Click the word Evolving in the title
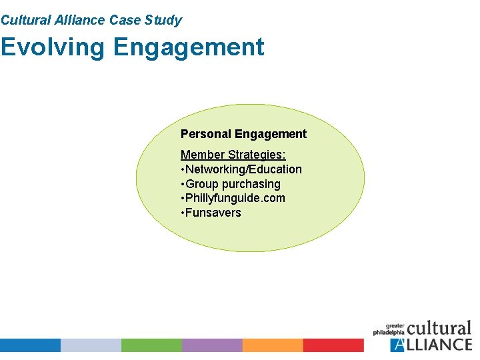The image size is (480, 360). point(53,47)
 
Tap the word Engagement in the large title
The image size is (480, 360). point(189,47)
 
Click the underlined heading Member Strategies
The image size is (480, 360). point(233,155)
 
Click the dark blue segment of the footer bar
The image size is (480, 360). point(30,345)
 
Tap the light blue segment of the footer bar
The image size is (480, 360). point(91,345)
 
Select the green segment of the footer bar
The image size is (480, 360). point(151,345)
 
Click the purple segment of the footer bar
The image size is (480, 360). point(212,345)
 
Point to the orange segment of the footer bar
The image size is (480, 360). point(273,345)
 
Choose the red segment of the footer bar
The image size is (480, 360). point(333,345)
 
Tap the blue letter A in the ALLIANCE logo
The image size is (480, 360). point(398,345)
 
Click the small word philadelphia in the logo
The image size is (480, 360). point(389,332)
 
